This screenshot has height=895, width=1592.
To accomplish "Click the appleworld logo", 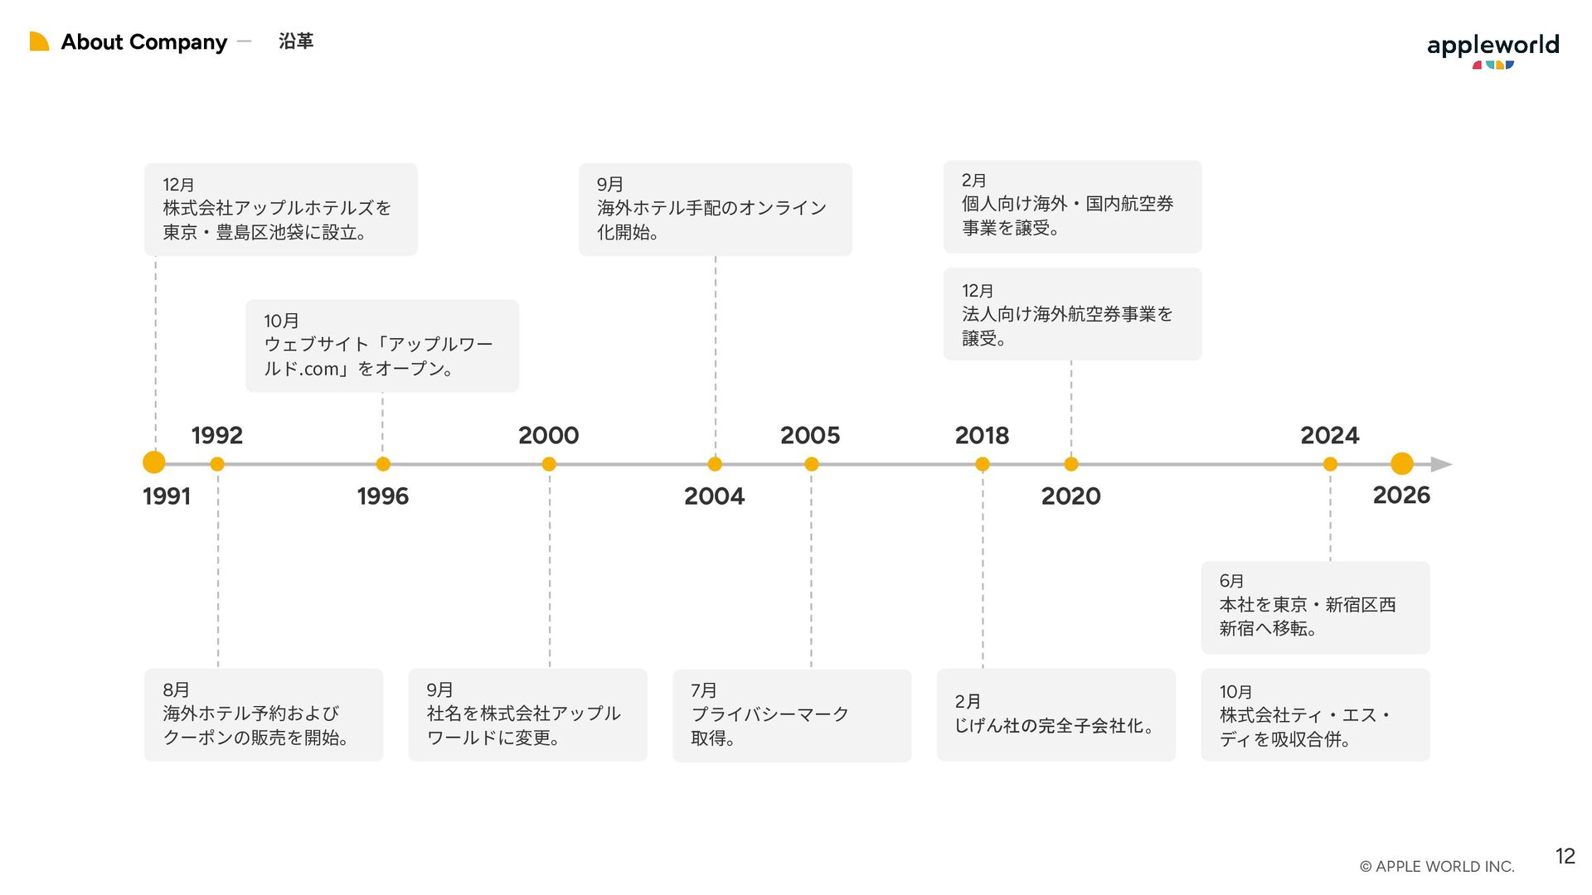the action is point(1492,50).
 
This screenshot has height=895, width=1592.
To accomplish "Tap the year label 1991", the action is point(167,496).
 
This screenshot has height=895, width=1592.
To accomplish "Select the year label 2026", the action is point(1401,496).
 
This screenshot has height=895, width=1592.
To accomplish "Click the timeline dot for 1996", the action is point(383,464).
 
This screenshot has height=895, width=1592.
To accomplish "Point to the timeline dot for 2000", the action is point(549,464).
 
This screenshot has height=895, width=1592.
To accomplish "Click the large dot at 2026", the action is point(1401,463).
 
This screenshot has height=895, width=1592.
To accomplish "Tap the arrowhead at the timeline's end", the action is point(1442,464).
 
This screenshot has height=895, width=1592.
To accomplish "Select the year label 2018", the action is point(982,435).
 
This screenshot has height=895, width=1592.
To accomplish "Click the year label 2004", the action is point(714,496).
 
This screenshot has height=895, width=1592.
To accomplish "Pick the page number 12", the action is point(1565,856).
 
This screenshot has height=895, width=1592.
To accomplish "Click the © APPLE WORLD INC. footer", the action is point(1437,867).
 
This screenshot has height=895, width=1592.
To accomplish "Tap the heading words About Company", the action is point(144,42).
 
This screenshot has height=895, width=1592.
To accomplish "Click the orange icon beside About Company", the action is point(39,41).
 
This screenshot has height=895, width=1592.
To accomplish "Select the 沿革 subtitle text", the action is point(296,41).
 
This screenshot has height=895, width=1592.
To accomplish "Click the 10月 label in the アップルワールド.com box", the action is point(281,321).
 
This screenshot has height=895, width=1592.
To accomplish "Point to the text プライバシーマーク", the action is point(770,714).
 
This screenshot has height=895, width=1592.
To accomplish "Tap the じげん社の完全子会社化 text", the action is point(1054,726).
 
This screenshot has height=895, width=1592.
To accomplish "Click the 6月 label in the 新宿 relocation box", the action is point(1231,582).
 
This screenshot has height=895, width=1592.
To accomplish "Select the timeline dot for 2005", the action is point(812,464).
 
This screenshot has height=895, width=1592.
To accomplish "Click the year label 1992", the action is point(217,435).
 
